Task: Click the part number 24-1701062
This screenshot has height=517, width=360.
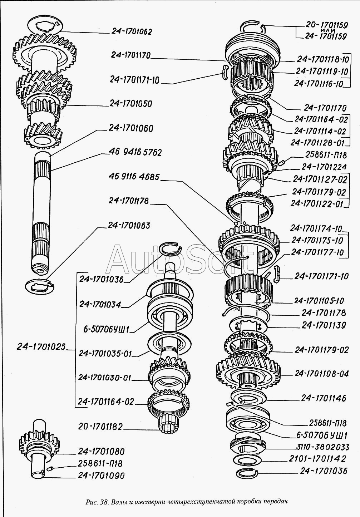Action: click(x=132, y=31)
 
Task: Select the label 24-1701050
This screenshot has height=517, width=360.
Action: click(x=131, y=104)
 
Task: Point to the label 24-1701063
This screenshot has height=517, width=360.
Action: click(x=128, y=226)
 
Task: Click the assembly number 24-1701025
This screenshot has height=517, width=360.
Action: click(x=41, y=346)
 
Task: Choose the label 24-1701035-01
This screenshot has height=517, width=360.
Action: click(x=105, y=353)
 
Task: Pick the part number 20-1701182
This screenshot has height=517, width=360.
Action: click(x=100, y=427)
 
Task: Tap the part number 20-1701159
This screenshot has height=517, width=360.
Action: click(x=326, y=25)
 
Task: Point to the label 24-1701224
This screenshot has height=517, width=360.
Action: click(x=324, y=167)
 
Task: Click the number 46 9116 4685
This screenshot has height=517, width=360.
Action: click(x=134, y=177)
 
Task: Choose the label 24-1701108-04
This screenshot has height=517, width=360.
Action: click(x=322, y=374)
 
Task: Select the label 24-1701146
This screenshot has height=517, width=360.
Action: click(x=324, y=398)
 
